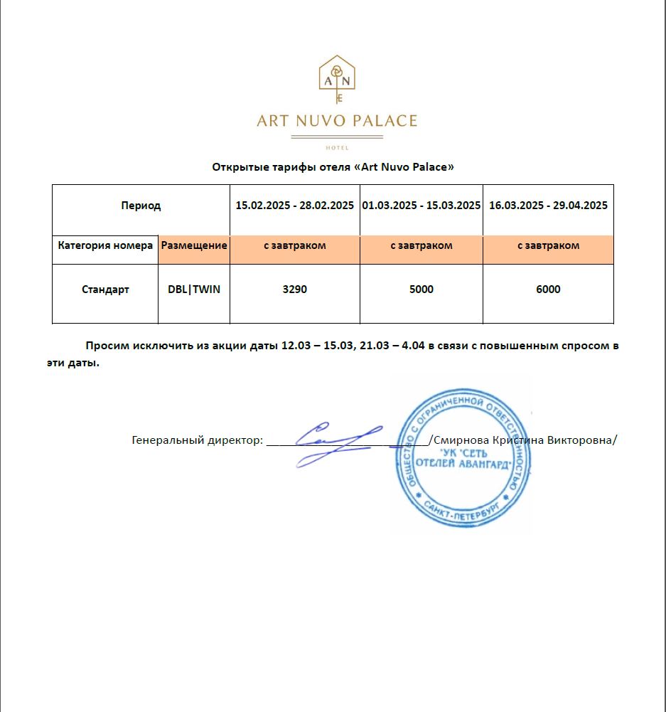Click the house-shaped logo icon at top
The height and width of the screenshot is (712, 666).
coord(337,78)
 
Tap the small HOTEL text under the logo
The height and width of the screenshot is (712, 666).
coord(337,147)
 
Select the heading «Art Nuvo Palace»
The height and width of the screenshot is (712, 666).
coord(404,167)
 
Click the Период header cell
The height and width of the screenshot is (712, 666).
coord(141,206)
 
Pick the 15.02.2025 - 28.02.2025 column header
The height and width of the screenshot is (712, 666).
coord(295,206)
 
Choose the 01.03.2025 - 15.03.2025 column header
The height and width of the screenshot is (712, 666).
coord(421,206)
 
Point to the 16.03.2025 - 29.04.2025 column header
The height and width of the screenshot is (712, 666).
coord(548,206)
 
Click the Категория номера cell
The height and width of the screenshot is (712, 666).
coord(105,245)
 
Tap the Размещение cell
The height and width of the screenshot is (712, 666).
coord(194,245)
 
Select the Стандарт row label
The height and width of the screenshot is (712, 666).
coord(105,289)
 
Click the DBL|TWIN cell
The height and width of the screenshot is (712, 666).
coord(194,289)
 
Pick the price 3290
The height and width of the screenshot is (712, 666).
coord(295,289)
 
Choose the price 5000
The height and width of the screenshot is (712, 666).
coord(421,289)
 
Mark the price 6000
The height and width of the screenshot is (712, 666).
coord(548,289)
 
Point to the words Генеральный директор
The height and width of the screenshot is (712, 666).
coord(197,440)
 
